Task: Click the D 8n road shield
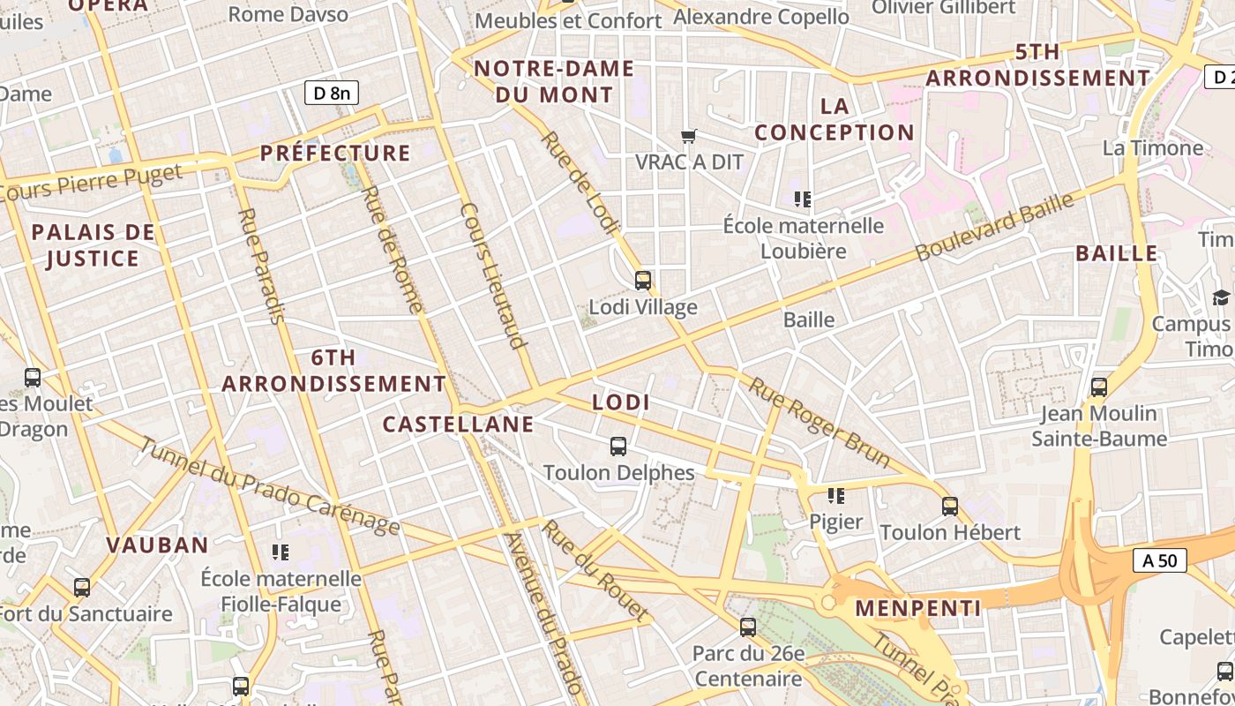(x=332, y=93)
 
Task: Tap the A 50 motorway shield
(x=1159, y=560)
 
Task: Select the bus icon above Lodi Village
(x=643, y=281)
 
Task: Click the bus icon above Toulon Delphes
(x=618, y=446)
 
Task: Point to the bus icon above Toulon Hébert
(x=950, y=506)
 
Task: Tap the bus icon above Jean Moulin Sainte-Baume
(x=1099, y=387)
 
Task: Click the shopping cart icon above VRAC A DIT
(x=689, y=136)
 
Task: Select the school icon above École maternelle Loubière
(x=803, y=199)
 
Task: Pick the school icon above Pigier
(x=836, y=495)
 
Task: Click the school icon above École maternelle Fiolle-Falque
(x=281, y=552)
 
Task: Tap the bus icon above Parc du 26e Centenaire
(x=748, y=627)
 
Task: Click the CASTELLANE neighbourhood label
(x=458, y=424)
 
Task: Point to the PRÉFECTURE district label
(x=335, y=153)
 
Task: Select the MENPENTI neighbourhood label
(x=917, y=608)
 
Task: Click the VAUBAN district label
(x=157, y=545)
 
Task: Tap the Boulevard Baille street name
(x=994, y=226)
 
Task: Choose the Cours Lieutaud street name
(x=494, y=276)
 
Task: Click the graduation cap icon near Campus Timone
(x=1221, y=297)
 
